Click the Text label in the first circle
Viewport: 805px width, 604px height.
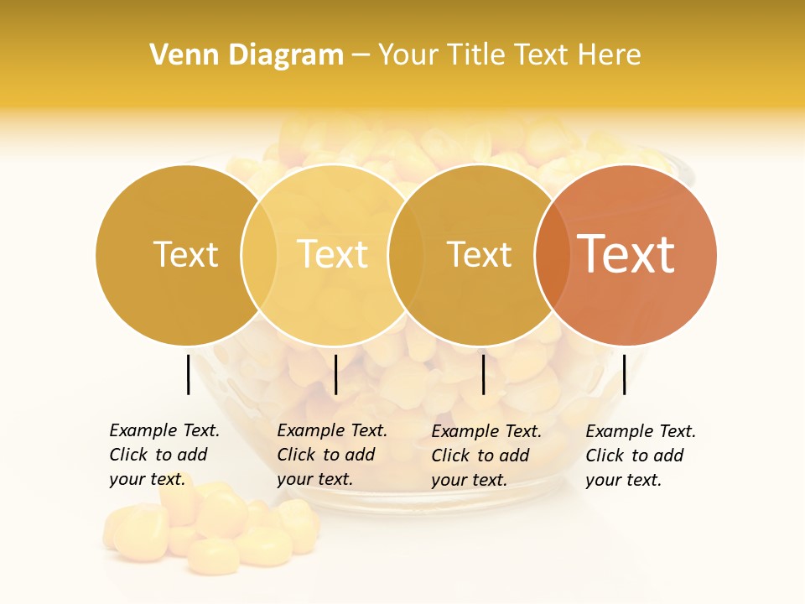point(185,254)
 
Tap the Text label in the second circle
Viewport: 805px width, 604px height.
point(332,254)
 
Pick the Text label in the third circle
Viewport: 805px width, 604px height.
point(479,254)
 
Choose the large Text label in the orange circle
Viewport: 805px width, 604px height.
point(626,254)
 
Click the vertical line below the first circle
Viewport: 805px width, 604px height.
point(188,374)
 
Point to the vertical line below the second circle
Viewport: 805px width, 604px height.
point(335,374)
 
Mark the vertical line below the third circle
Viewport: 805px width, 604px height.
point(483,374)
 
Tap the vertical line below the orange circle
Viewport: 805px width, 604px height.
point(624,374)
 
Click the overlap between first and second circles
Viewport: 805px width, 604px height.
point(259,254)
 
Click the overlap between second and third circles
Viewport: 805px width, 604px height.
point(406,254)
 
